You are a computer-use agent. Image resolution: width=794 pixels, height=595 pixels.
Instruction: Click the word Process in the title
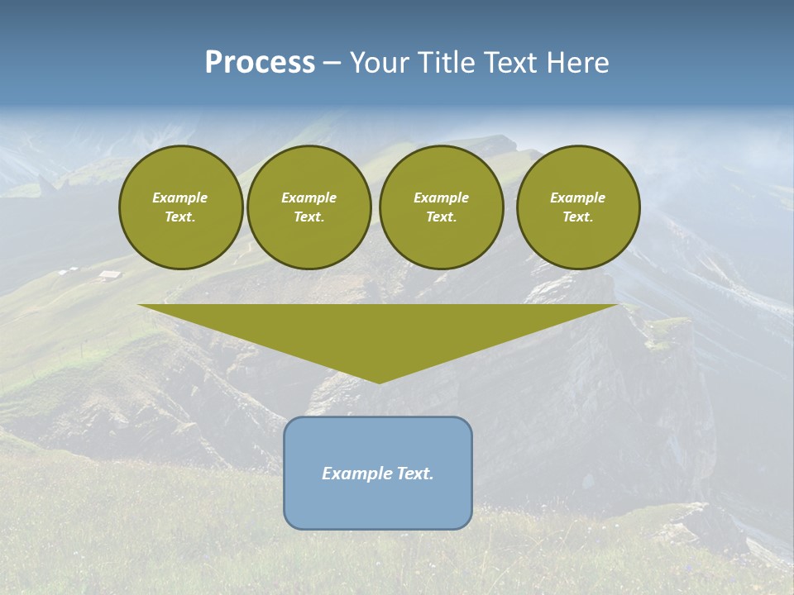click(260, 63)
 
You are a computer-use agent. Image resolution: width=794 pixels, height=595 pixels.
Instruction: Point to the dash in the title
click(332, 64)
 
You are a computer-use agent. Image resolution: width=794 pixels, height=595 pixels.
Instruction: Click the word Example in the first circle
click(180, 198)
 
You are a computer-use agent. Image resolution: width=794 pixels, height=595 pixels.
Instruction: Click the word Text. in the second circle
click(309, 217)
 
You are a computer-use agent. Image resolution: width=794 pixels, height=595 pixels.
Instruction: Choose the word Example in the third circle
click(441, 198)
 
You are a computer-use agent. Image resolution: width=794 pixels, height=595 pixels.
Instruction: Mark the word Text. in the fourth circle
click(577, 217)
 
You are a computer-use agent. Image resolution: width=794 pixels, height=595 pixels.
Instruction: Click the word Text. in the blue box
click(415, 474)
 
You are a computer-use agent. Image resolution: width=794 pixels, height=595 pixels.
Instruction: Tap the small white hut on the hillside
click(108, 275)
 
